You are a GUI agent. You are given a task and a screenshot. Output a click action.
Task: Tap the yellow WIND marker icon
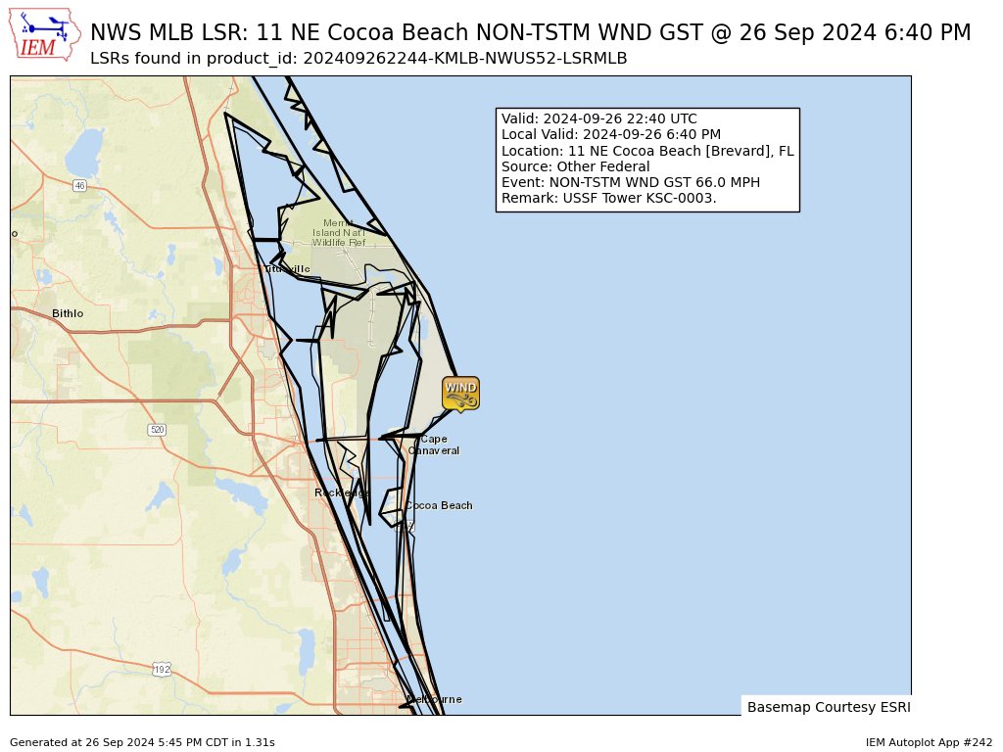(460, 393)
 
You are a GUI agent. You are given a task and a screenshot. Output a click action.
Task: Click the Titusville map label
(287, 269)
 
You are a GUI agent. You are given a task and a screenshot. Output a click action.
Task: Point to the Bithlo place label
(68, 313)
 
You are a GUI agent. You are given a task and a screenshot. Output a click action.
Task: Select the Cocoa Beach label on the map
(439, 506)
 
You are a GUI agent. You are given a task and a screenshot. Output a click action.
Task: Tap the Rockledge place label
(341, 493)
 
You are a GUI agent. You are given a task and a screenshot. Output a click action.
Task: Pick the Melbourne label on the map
(434, 699)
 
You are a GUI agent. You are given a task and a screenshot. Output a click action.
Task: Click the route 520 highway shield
(157, 430)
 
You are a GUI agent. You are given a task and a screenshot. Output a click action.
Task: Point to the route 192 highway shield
(162, 669)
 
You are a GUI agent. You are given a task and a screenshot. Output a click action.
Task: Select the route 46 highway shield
(79, 185)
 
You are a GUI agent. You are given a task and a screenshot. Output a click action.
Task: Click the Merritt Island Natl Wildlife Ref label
(338, 232)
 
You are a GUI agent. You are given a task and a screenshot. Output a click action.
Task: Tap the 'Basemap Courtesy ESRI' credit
(828, 707)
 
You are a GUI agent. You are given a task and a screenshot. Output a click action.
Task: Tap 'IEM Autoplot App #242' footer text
(929, 743)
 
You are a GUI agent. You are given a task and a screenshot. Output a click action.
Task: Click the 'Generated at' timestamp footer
(142, 743)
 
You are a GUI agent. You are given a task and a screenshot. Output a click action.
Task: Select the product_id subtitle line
(358, 59)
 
